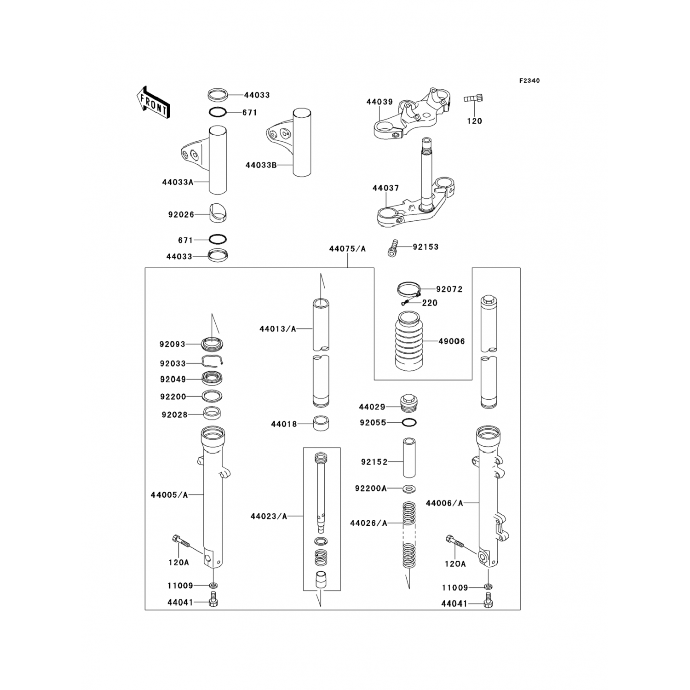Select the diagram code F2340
coord(529,81)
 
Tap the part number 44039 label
coord(379,102)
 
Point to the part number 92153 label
coord(425,247)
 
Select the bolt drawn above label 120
coord(474,98)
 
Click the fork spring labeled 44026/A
coord(409,534)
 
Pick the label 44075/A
coord(347,249)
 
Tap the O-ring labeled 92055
coord(409,422)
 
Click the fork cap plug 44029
coord(409,403)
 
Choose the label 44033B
coord(261,165)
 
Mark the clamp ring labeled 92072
coord(409,289)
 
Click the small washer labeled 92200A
coord(409,488)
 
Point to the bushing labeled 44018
coord(321,423)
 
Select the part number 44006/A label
coord(444,503)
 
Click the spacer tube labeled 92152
coord(409,459)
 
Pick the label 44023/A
coord(269,517)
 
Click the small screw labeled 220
coord(405,303)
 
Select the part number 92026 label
coord(181,215)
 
